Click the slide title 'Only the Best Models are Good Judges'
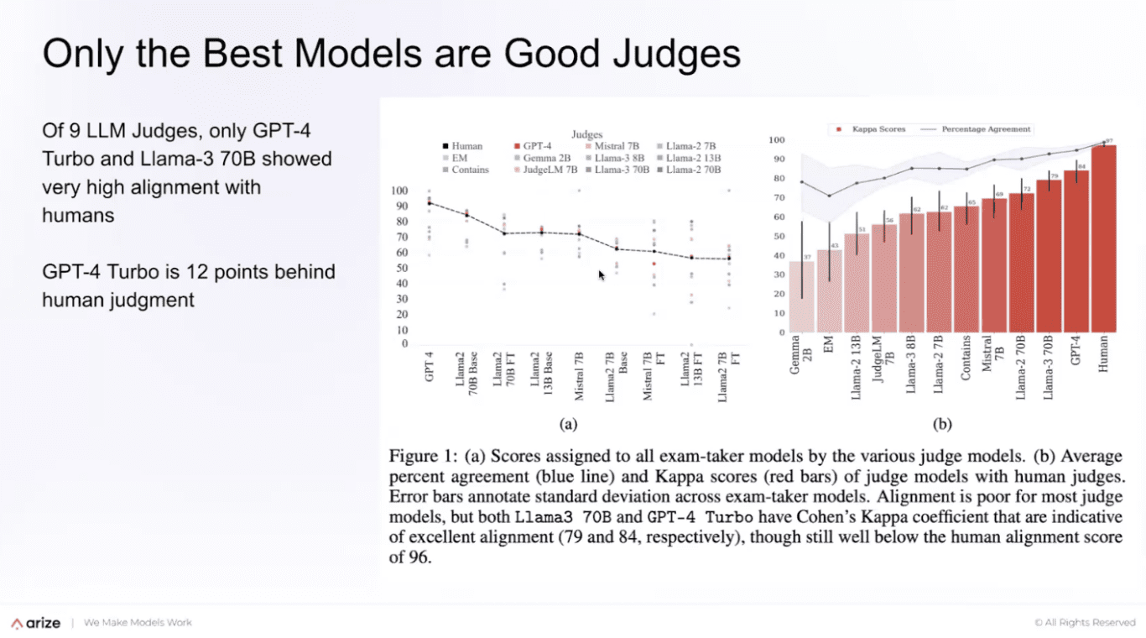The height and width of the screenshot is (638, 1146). [391, 54]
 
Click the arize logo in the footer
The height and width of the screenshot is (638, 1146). [36, 623]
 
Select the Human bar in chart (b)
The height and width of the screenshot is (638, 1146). [1103, 239]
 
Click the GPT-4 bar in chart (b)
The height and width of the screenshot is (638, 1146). [1076, 252]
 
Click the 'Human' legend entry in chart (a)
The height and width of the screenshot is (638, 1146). [466, 146]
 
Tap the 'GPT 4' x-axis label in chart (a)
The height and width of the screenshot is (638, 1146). [430, 368]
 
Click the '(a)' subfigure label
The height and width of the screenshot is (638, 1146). [569, 425]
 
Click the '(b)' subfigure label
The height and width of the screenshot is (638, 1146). [942, 425]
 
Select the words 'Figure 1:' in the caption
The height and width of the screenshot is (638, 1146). [423, 457]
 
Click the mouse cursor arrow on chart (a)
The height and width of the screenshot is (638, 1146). [602, 275]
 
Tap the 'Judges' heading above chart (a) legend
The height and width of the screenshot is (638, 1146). [586, 134]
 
